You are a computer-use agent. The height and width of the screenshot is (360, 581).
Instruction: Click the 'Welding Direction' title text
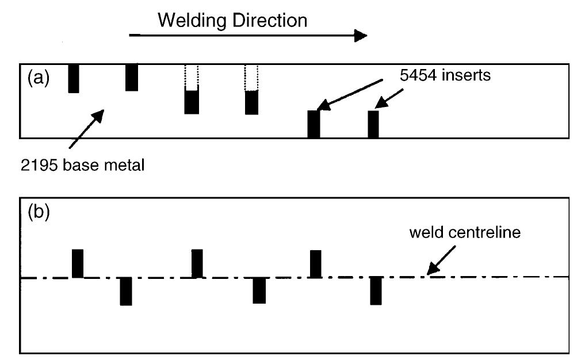pos(232,21)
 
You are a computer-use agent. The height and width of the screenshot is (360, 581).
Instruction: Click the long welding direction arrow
pos(247,36)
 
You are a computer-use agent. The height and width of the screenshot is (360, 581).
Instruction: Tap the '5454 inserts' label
pos(445,75)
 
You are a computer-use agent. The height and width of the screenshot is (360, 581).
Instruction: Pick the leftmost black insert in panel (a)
pos(74,78)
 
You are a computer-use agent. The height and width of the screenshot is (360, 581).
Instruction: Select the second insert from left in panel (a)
pos(132,77)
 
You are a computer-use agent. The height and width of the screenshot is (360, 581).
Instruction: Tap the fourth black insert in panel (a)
pos(252,102)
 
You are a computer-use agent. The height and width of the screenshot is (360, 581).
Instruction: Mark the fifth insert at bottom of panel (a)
pos(314,124)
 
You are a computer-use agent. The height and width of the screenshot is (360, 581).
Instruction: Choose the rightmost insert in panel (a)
pos(373,124)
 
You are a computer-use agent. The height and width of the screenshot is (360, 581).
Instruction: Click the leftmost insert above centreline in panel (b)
pos(78,263)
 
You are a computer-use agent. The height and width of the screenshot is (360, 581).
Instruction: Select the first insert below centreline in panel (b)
pos(126,291)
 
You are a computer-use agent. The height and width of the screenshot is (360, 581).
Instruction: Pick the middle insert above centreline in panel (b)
pos(197,263)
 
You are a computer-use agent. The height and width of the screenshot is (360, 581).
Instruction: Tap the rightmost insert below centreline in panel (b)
pos(376,290)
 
